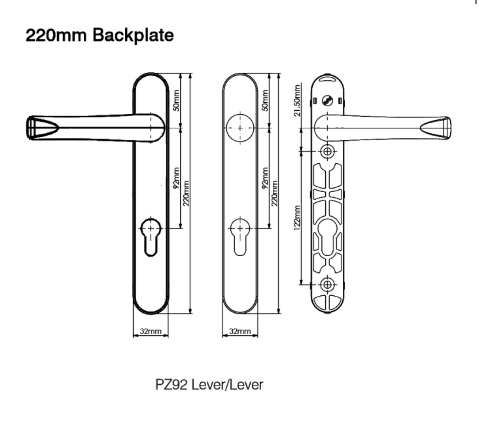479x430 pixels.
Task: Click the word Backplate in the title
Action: click(x=133, y=35)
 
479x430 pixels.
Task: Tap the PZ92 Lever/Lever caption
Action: click(x=209, y=384)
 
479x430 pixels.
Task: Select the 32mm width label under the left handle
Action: click(x=151, y=331)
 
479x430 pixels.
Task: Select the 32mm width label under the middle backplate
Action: click(x=240, y=331)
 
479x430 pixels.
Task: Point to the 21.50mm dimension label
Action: click(x=298, y=100)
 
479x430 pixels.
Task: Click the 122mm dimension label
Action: click(x=297, y=217)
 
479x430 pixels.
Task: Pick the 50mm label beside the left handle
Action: click(x=177, y=101)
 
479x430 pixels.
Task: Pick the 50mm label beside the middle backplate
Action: click(x=265, y=101)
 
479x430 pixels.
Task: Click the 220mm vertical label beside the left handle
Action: click(x=186, y=194)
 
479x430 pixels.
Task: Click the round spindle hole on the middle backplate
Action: click(x=240, y=128)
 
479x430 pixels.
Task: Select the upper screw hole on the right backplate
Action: click(x=328, y=152)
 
